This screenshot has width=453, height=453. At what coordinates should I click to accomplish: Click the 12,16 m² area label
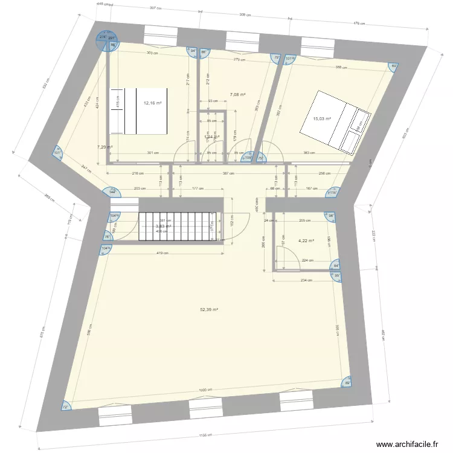click(152, 103)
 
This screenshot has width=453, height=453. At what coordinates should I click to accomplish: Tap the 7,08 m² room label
click(238, 95)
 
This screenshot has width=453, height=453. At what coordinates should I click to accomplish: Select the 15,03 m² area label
click(322, 119)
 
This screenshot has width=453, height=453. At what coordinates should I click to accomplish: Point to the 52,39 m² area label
click(209, 310)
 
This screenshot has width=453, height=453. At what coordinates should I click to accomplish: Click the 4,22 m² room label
click(306, 241)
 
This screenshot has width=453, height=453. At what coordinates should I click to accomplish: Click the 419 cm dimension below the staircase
click(162, 254)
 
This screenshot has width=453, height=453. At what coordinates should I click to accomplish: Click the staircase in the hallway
click(178, 226)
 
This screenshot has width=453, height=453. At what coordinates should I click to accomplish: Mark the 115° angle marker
click(332, 193)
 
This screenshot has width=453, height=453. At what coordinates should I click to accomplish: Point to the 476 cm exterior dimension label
click(359, 23)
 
